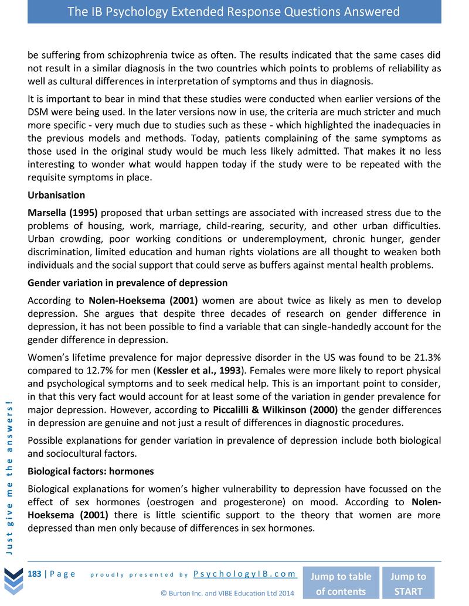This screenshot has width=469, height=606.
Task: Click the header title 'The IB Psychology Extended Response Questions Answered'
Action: tap(234, 12)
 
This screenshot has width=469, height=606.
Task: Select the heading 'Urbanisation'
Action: tap(56, 195)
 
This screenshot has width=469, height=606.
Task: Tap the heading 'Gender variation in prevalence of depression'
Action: tap(128, 283)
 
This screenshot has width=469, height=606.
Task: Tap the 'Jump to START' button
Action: tap(408, 583)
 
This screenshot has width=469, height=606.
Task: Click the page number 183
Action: tap(35, 574)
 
